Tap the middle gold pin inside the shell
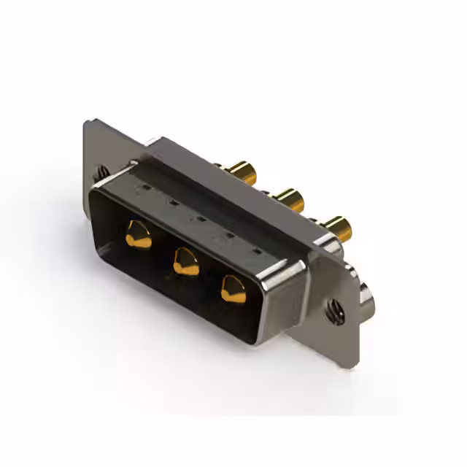(x=185, y=260)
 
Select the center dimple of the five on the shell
(x=198, y=217)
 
